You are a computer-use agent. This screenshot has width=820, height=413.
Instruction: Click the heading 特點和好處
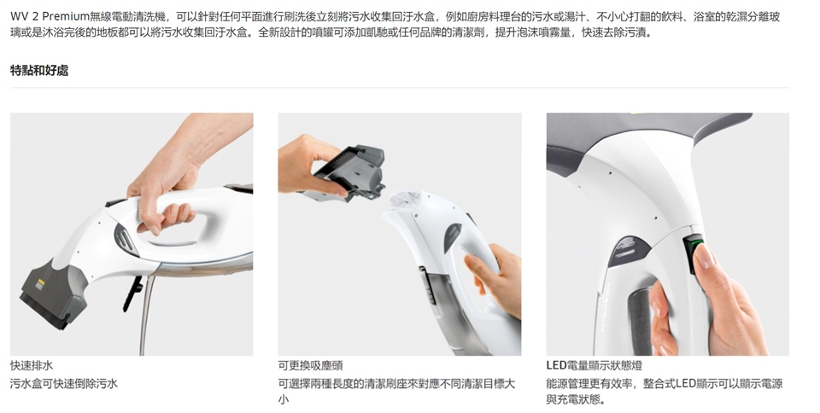[39, 71]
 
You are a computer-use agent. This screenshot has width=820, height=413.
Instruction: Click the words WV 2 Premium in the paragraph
[50, 17]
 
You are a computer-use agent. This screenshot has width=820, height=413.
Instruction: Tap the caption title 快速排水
[32, 365]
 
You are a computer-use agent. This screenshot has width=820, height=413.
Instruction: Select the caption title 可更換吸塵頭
[310, 365]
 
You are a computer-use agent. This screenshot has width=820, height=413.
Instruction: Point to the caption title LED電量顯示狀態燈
[594, 365]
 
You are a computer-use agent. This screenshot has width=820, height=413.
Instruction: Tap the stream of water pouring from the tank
[146, 314]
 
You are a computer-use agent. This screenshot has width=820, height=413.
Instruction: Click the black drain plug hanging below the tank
[133, 294]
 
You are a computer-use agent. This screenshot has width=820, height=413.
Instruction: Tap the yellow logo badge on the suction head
[41, 282]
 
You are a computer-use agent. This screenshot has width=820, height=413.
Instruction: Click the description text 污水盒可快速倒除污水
[64, 384]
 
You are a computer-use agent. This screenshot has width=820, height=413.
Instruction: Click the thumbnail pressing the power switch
[705, 256]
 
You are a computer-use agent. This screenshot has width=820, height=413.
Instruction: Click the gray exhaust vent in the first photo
[126, 240]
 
